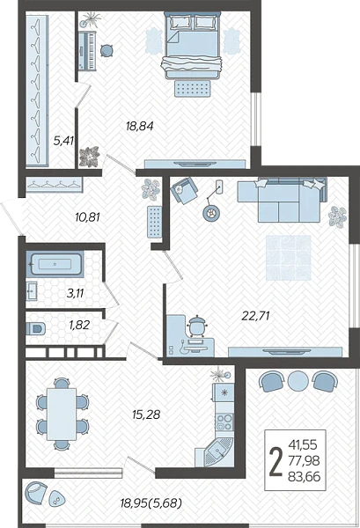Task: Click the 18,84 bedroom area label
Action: tap(139, 126)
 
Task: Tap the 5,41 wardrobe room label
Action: tap(63, 141)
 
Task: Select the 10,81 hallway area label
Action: tap(87, 217)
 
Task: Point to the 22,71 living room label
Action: tap(256, 316)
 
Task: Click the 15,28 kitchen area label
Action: tap(146, 414)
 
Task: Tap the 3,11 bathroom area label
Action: tap(75, 293)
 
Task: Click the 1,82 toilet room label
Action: tap(79, 325)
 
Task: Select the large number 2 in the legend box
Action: tap(276, 460)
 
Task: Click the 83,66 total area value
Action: tap(304, 477)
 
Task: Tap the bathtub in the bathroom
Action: tap(55, 264)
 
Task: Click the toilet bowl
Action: tap(35, 328)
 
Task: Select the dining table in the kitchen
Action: tap(62, 414)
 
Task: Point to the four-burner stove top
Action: tap(224, 422)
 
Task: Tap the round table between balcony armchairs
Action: tap(298, 381)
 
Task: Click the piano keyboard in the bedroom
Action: tap(87, 51)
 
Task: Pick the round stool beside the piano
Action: tap(107, 51)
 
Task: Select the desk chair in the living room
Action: tap(196, 326)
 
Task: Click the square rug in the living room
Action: tap(289, 258)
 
